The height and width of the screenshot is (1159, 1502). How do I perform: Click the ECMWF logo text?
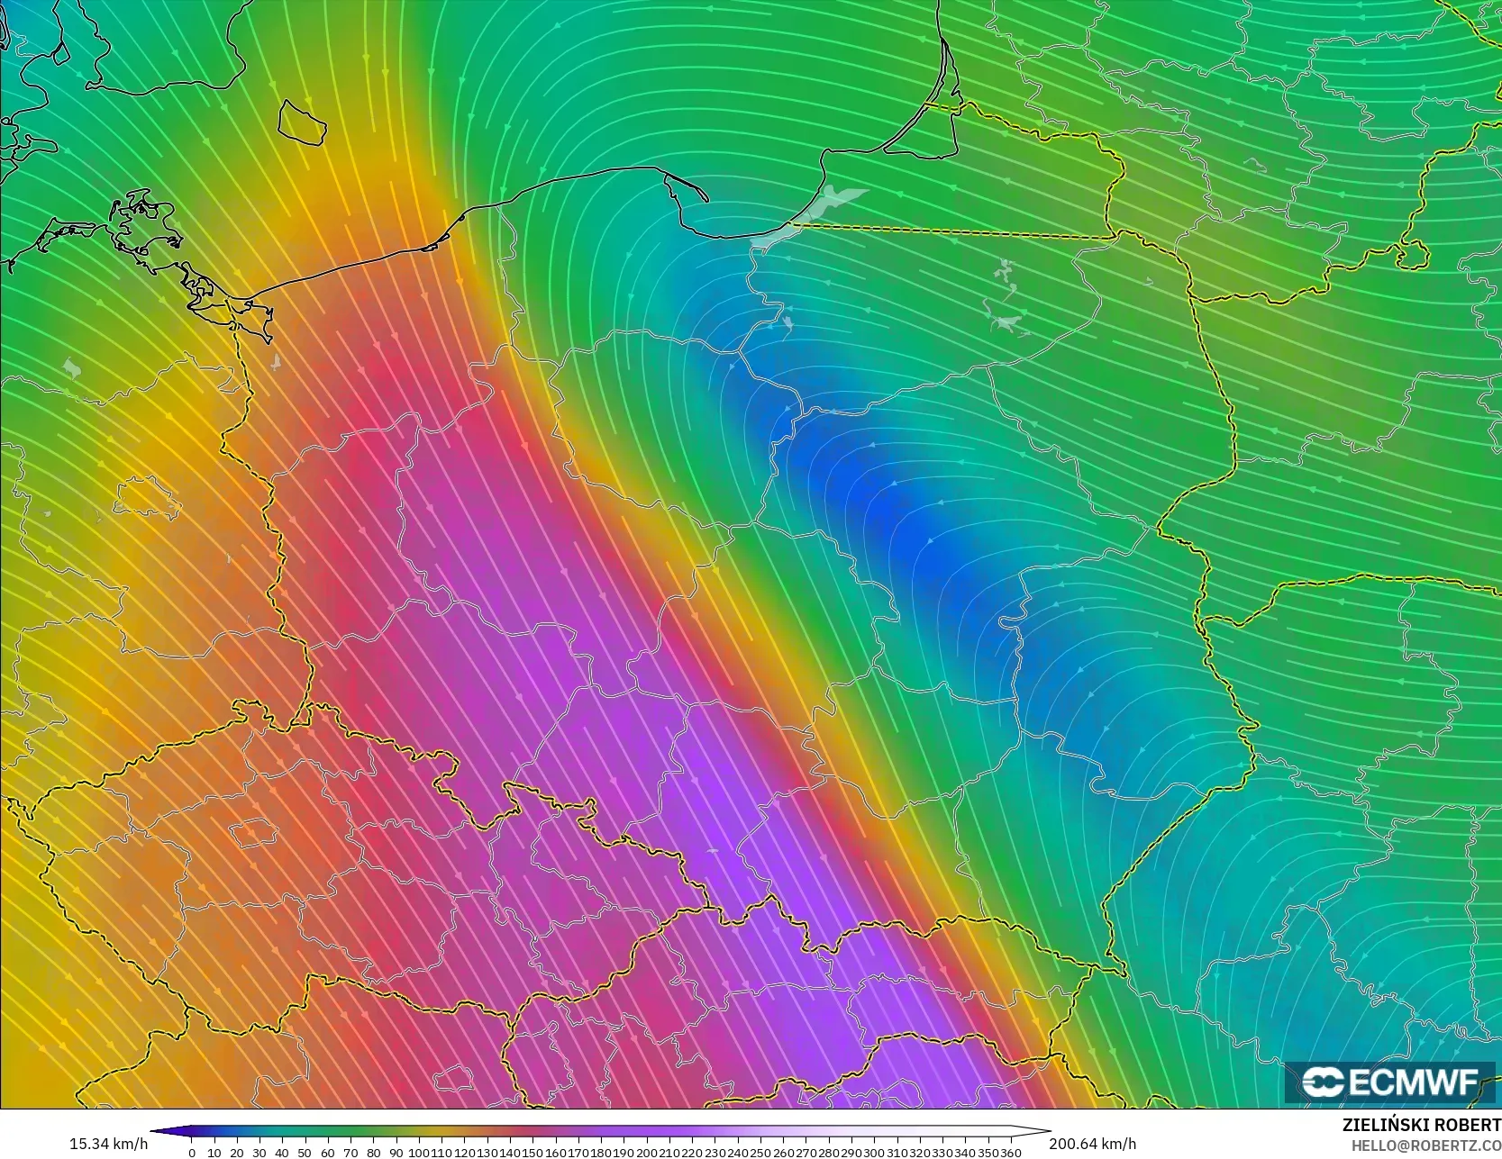[x=1414, y=1082]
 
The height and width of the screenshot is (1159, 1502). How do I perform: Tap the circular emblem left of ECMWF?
[x=1323, y=1082]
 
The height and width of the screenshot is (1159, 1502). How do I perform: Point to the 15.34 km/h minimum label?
[x=108, y=1144]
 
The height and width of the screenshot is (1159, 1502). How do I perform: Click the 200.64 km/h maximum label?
[x=1092, y=1144]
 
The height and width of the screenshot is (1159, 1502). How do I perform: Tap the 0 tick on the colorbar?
[x=192, y=1153]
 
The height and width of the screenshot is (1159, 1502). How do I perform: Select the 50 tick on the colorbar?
[x=305, y=1153]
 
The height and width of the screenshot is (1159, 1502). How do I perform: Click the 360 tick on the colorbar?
[x=1010, y=1153]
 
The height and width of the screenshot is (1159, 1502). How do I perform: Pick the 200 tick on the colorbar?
[x=646, y=1153]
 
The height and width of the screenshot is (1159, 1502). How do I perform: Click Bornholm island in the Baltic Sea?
[x=301, y=122]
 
